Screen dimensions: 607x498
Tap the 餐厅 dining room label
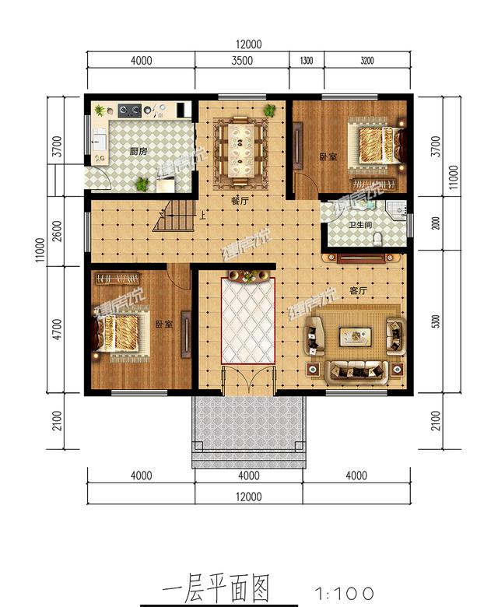tap(239, 200)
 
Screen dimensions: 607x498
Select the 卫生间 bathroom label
tap(359, 226)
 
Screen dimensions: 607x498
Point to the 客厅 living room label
tap(358, 291)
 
